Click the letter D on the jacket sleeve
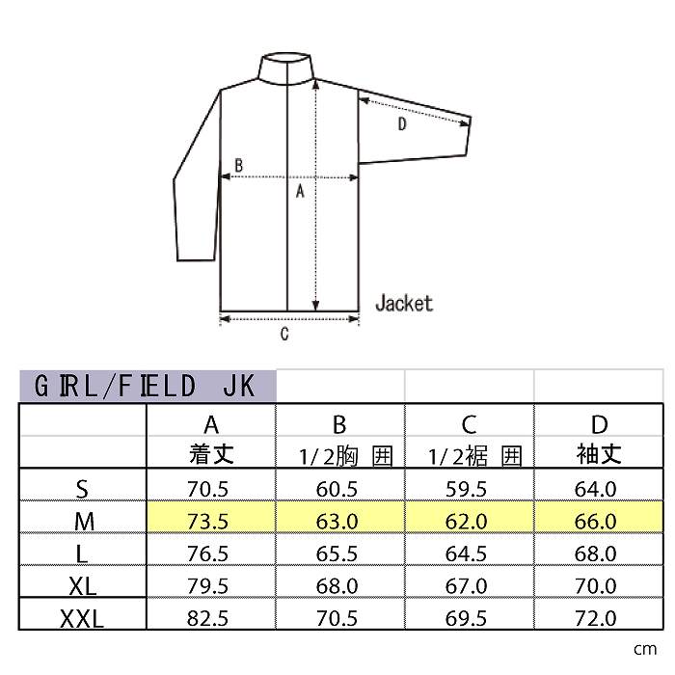(x=402, y=124)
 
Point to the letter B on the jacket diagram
(x=238, y=165)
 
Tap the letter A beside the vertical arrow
(x=300, y=191)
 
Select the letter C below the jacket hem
(x=284, y=334)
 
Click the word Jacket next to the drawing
(x=404, y=303)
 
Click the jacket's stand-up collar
(x=285, y=68)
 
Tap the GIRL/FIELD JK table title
(x=145, y=386)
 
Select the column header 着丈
(x=211, y=454)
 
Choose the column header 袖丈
(x=599, y=454)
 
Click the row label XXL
(x=82, y=619)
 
